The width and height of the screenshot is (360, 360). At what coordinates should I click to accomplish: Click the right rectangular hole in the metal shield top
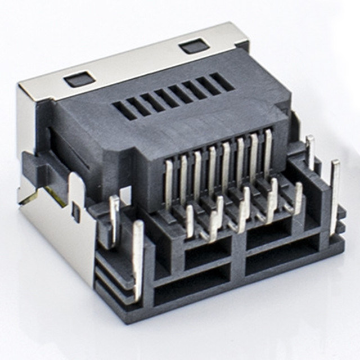point(195,46)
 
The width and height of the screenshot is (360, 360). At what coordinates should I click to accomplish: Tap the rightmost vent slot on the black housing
point(222,82)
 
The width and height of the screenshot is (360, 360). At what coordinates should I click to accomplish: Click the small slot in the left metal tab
point(75,212)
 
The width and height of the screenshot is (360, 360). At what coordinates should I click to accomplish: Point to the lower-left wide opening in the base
point(191,285)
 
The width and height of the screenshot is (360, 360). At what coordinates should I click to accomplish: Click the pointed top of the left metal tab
point(74,176)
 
